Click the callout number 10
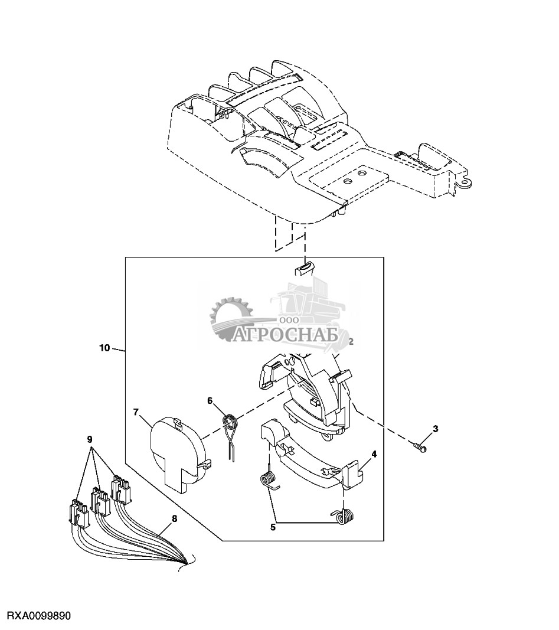click(x=104, y=348)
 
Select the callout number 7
click(x=136, y=412)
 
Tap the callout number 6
click(x=210, y=400)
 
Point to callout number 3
click(x=435, y=429)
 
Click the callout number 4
click(x=374, y=455)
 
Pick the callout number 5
click(x=273, y=527)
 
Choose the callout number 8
click(x=174, y=519)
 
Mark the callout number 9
click(x=90, y=438)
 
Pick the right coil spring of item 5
click(x=344, y=516)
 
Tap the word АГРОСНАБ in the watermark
click(x=286, y=336)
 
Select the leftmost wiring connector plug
click(x=79, y=513)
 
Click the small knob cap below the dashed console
click(x=305, y=268)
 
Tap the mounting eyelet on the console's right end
click(x=466, y=181)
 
